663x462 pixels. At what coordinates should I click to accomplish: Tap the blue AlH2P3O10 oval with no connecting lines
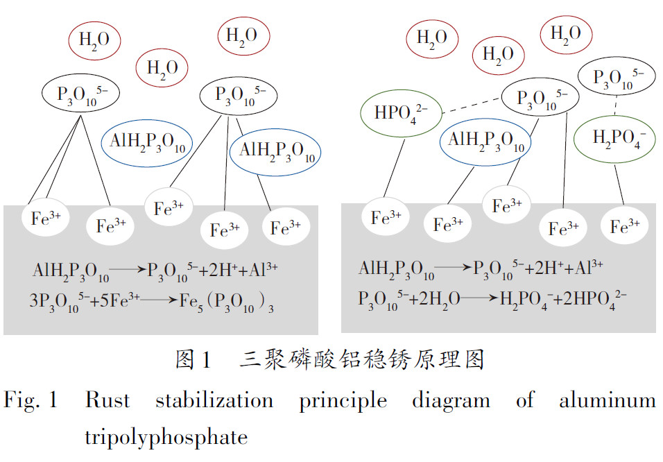tap(148, 141)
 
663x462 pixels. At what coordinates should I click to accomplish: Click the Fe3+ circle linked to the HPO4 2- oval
tap(386, 218)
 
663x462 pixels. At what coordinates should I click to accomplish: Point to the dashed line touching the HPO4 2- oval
tap(472, 104)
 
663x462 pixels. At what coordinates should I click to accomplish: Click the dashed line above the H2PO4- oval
tap(616, 105)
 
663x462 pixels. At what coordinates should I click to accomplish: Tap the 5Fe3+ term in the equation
tap(121, 301)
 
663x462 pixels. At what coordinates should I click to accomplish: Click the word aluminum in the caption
tap(607, 400)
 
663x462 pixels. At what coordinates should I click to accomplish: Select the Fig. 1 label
tap(31, 400)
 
